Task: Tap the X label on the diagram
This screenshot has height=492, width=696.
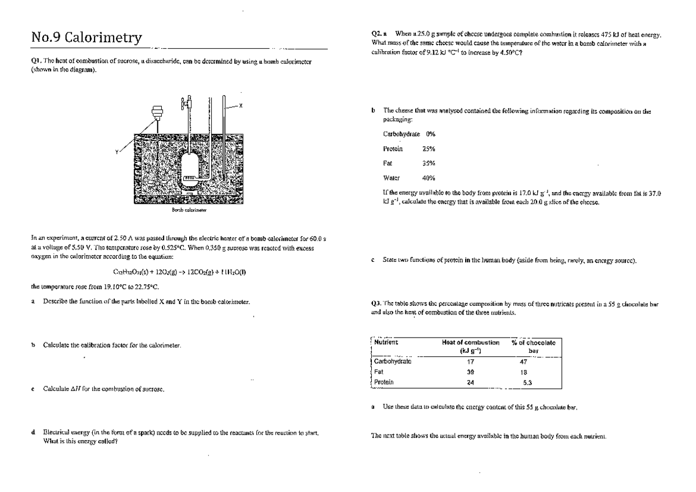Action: [x=241, y=105]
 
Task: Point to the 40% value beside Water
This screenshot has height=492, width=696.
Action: [x=429, y=178]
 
